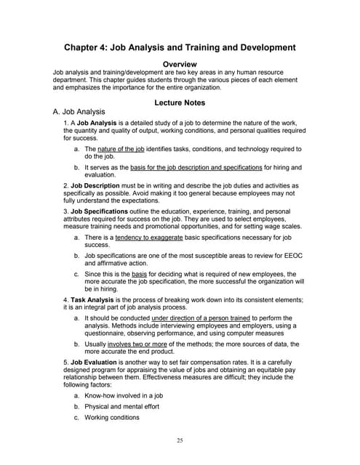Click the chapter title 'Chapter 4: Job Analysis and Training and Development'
tap(180, 47)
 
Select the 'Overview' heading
tap(180, 64)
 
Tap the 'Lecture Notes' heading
tap(180, 102)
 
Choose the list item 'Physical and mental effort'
tap(121, 406)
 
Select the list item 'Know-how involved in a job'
tap(123, 395)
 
